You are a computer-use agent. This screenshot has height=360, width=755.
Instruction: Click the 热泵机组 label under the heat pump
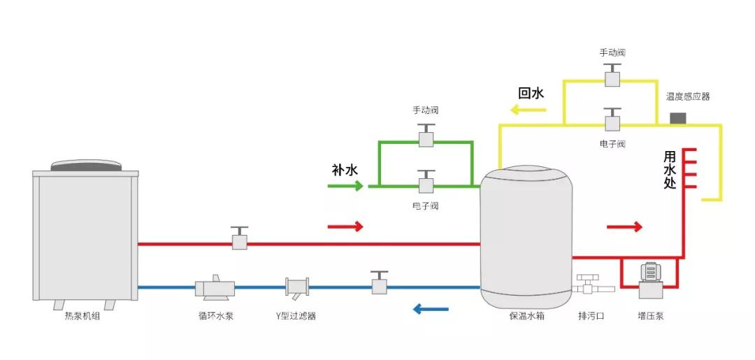click(82, 316)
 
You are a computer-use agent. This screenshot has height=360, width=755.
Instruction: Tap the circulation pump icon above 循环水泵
click(214, 286)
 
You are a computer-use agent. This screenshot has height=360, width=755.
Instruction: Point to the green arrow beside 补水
click(345, 185)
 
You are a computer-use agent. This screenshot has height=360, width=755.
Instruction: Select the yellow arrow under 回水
click(523, 110)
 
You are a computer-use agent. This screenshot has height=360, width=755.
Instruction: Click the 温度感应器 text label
click(687, 96)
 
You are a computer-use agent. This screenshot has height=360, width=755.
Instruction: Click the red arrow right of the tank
click(624, 226)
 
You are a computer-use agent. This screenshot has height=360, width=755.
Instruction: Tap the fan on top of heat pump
click(85, 166)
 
